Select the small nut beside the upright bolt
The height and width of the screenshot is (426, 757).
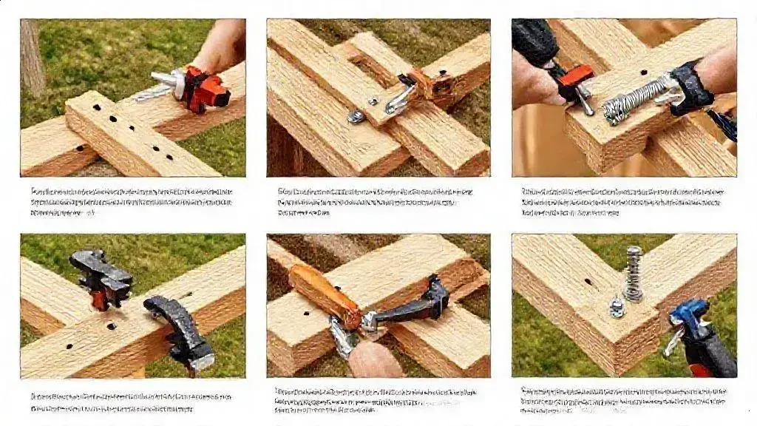click(616, 305)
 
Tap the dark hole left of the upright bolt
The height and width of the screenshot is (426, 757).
click(588, 282)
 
